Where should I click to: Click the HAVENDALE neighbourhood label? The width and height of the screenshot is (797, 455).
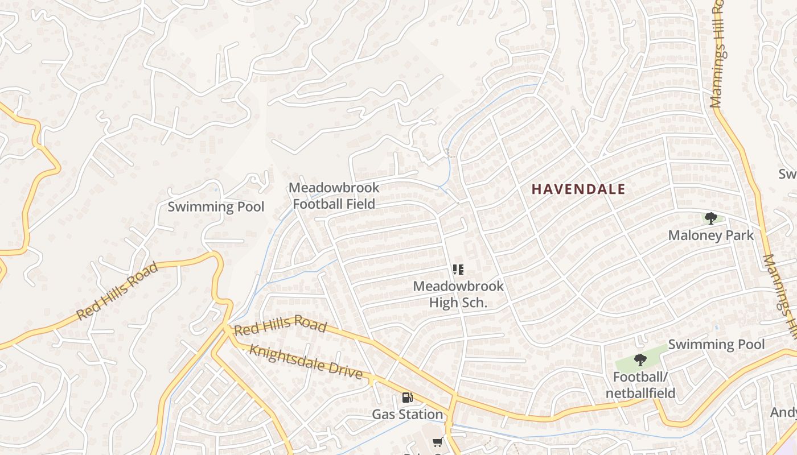pyautogui.click(x=578, y=189)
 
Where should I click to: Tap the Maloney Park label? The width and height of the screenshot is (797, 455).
pyautogui.click(x=710, y=235)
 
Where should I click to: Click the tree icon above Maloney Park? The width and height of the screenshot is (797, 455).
pyautogui.click(x=710, y=218)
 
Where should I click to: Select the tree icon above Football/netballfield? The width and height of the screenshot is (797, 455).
pyautogui.click(x=640, y=360)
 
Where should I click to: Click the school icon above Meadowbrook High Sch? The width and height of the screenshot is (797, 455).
pyautogui.click(x=458, y=270)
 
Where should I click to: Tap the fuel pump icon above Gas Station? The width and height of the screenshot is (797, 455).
pyautogui.click(x=407, y=398)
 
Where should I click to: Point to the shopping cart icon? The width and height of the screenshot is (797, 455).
pyautogui.click(x=437, y=442)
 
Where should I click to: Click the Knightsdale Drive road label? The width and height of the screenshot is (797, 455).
pyautogui.click(x=306, y=362)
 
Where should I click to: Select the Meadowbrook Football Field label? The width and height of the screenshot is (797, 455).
pyautogui.click(x=334, y=196)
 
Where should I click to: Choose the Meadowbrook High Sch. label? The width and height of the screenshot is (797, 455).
pyautogui.click(x=458, y=294)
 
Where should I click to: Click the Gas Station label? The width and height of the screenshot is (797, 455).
pyautogui.click(x=407, y=415)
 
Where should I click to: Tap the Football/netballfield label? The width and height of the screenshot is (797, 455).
pyautogui.click(x=640, y=385)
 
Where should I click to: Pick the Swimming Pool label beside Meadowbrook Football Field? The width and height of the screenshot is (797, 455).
pyautogui.click(x=216, y=206)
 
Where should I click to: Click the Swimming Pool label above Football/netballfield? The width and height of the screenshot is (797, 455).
pyautogui.click(x=716, y=344)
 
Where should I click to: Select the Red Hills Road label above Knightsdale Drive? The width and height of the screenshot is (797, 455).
pyautogui.click(x=280, y=325)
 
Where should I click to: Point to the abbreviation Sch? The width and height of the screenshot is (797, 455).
pyautogui.click(x=474, y=303)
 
